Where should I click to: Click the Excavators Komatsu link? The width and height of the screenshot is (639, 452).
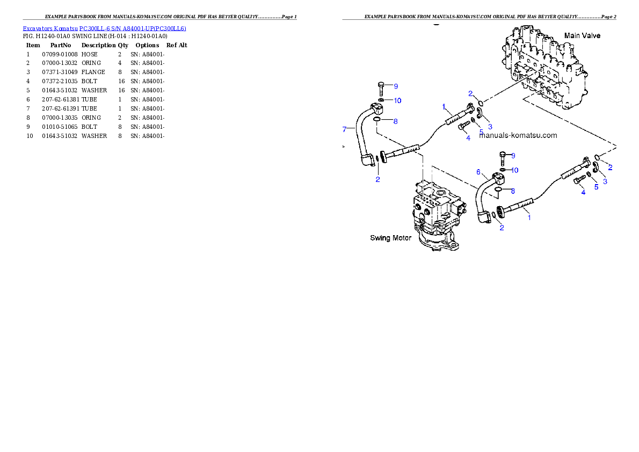[x=50, y=28]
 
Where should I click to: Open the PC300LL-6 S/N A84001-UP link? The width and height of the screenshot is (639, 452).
[x=133, y=28]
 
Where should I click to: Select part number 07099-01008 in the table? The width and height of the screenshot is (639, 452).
[x=60, y=54]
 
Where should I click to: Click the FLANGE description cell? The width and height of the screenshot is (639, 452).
[x=93, y=72]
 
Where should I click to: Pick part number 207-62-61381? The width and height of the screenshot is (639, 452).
[x=60, y=99]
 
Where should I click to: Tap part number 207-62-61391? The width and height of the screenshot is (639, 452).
[x=60, y=108]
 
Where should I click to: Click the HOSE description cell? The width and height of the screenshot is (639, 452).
[x=89, y=54]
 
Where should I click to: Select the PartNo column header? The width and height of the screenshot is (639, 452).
[x=61, y=45]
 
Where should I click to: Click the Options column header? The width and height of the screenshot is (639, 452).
[x=147, y=45]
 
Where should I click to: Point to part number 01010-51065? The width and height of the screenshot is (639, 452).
[x=60, y=127]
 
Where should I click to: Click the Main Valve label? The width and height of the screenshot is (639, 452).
[x=582, y=35]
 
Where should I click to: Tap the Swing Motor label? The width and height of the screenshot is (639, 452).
[x=390, y=238]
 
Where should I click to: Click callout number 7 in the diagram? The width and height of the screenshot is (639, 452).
[x=344, y=129]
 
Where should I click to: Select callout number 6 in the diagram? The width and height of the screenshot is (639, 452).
[x=478, y=172]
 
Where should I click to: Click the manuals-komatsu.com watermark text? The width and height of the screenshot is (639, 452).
[x=518, y=135]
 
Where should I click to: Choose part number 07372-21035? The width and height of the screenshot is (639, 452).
[x=60, y=81]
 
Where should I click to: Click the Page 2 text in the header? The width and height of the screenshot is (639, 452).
[x=608, y=17]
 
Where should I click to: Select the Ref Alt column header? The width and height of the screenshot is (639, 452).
[x=177, y=45]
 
